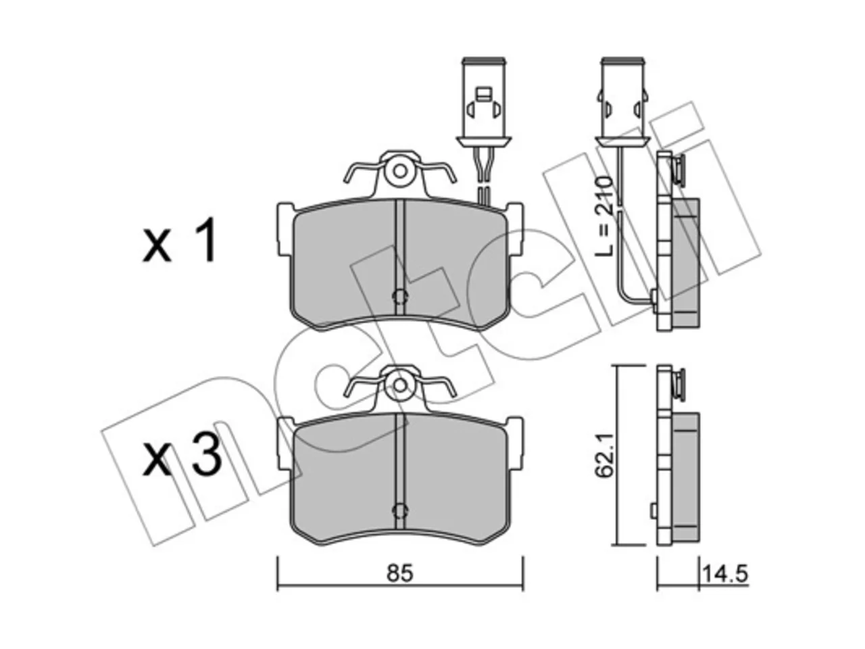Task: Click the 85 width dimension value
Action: tap(399, 574)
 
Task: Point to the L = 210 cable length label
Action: tap(605, 217)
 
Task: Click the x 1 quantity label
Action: tap(179, 240)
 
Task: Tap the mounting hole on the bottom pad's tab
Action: tap(400, 385)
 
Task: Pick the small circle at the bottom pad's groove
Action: tap(400, 510)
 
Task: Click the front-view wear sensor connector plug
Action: tap(484, 104)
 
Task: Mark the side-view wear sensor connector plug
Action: tap(622, 104)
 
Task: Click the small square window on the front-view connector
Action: tap(483, 94)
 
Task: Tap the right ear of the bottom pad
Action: tap(516, 443)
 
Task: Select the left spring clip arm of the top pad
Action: tap(361, 172)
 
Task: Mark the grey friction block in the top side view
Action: tap(686, 262)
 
